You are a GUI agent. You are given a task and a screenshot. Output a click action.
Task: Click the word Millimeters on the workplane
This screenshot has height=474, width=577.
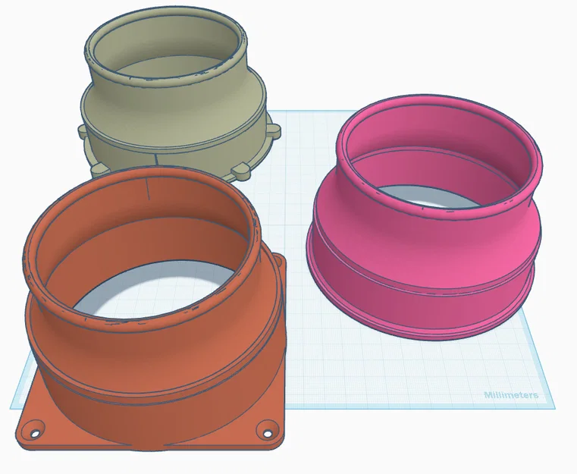coord(511,395)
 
